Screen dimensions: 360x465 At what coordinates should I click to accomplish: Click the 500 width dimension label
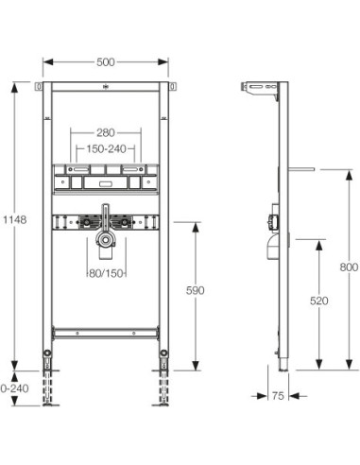[x=106, y=62]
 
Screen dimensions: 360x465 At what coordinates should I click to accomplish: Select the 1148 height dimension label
[x=15, y=219]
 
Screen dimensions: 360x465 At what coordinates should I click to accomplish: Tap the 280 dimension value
[x=106, y=132]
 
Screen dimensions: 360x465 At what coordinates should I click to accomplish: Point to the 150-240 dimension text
[x=107, y=148]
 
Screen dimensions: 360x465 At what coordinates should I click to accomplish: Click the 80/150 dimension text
[x=106, y=273]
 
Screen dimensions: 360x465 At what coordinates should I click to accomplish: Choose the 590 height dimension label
[x=196, y=290]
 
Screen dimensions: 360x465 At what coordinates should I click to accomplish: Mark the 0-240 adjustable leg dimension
[x=14, y=388]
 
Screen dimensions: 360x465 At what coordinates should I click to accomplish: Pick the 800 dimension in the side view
[x=349, y=267]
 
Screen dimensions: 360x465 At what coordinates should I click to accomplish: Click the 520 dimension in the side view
[x=319, y=301]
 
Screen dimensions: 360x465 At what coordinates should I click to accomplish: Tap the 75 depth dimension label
[x=278, y=396]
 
